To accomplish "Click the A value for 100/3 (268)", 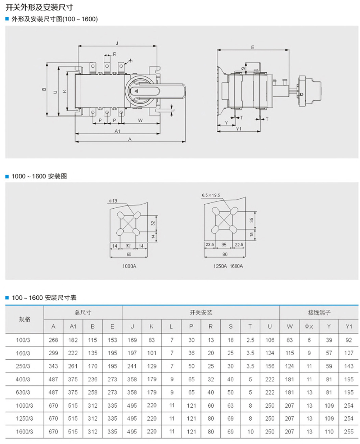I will (53, 340).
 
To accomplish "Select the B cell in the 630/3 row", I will (93, 393).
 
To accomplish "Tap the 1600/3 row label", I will (24, 432).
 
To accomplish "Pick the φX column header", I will (309, 327).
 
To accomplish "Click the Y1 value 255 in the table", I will (348, 432).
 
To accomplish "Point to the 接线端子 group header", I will (319, 313).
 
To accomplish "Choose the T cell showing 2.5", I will (250, 340).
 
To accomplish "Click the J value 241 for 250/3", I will (132, 366).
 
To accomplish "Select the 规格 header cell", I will (24, 320).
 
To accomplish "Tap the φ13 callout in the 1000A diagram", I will (112, 201).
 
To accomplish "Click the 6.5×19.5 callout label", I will (211, 195).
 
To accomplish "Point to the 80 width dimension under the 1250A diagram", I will (225, 254).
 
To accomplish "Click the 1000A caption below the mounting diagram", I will (129, 266).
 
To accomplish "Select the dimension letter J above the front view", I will (117, 43).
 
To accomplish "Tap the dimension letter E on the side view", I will (253, 47).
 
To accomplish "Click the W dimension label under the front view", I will (140, 120).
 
